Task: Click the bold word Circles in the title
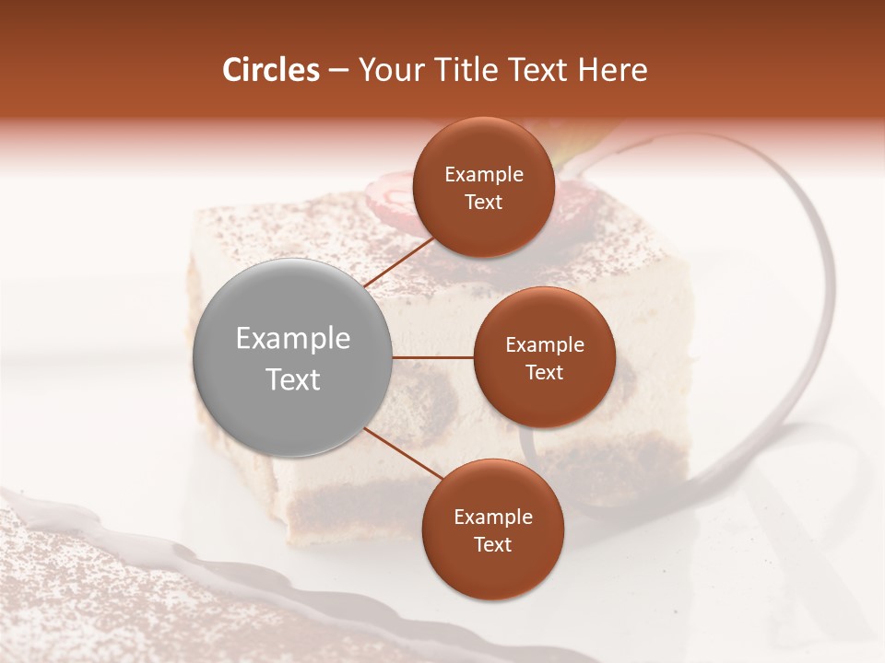pyautogui.click(x=270, y=70)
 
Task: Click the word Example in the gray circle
pyautogui.click(x=293, y=339)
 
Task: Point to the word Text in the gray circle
pyautogui.click(x=293, y=379)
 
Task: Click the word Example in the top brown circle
pyautogui.click(x=484, y=175)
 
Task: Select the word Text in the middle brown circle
pyautogui.click(x=545, y=372)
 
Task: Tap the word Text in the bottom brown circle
pyautogui.click(x=493, y=544)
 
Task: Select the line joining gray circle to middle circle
pyautogui.click(x=433, y=356)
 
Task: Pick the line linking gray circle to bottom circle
pyautogui.click(x=403, y=454)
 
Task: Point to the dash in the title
pyautogui.click(x=338, y=71)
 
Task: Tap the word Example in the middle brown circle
pyautogui.click(x=545, y=344)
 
